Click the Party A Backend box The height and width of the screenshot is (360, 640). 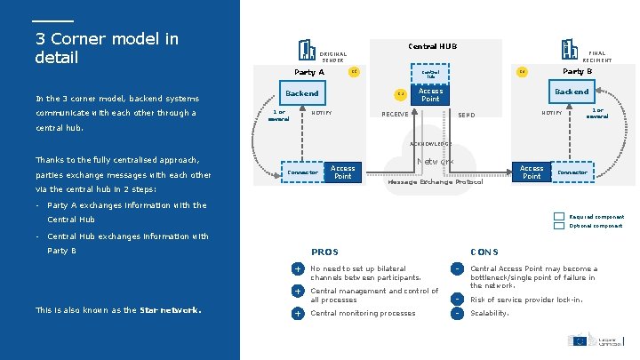pos(301,92)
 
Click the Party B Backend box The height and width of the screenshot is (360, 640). pos(572,92)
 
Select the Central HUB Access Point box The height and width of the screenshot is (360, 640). pos(430,95)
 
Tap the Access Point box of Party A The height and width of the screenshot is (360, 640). pos(343,172)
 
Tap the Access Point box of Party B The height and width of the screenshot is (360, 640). pos(532,172)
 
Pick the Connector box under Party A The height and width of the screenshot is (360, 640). pos(302,172)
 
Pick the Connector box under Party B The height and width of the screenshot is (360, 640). pos(572,172)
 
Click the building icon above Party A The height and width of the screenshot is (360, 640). pos(308,50)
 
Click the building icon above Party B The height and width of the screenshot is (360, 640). pos(568,49)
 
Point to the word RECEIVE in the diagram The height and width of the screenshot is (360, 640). pos(395,114)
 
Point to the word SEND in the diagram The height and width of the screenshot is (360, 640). pos(466,115)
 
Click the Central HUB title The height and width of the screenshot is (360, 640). pos(432,45)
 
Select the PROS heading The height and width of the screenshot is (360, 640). pos(324,252)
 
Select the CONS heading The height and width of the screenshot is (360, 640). pos(484,252)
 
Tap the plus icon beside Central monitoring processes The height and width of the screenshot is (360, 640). pos(298,313)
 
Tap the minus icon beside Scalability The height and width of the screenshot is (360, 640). pos(456,313)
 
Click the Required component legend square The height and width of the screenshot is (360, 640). pos(557,217)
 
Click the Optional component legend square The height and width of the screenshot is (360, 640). pos(557,226)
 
